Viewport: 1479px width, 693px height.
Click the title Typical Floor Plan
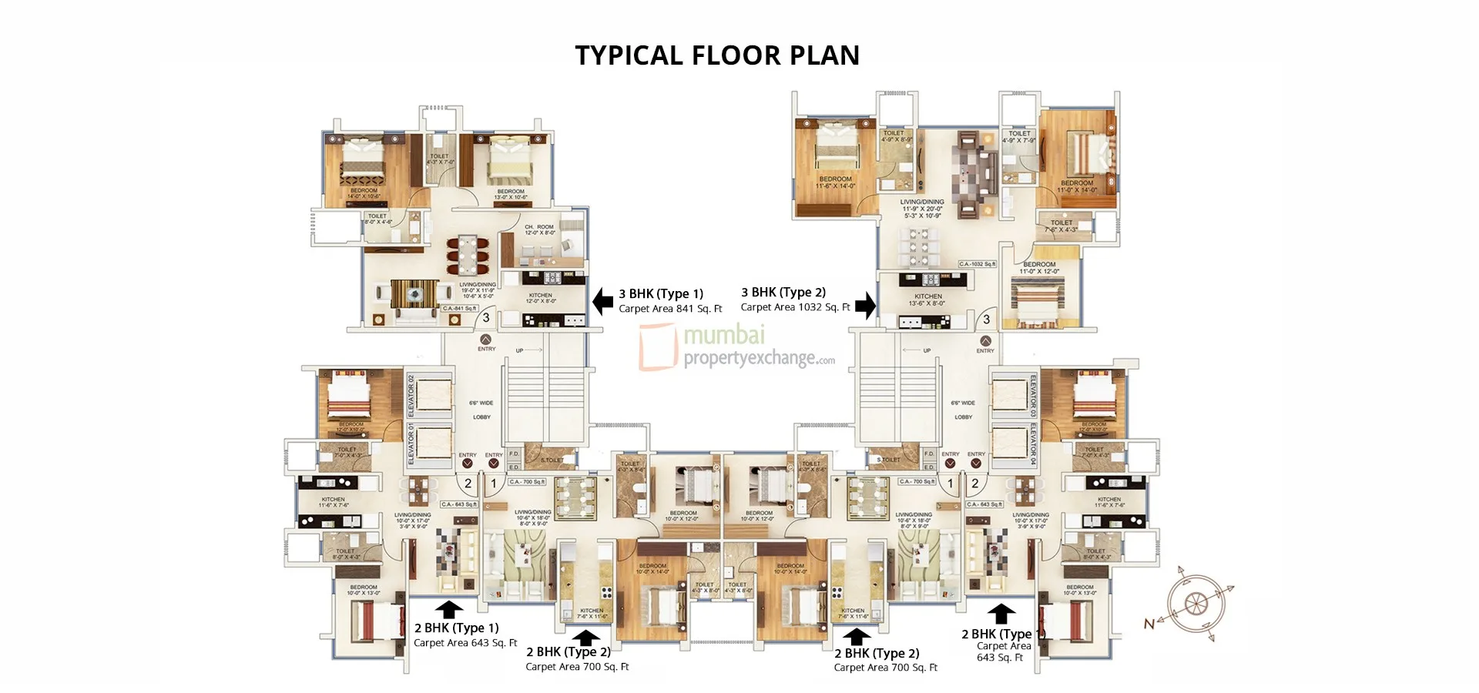coord(717,55)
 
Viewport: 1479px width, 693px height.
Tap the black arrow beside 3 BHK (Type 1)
coord(602,301)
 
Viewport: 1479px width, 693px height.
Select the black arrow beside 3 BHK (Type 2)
coord(866,305)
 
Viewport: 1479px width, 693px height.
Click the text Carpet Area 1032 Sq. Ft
coord(795,307)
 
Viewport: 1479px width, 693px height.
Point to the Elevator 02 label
coord(411,396)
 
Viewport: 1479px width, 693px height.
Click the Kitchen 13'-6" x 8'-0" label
coord(927,300)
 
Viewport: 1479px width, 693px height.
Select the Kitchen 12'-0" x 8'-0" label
coord(540,298)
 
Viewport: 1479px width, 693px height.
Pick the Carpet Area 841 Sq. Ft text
coord(670,309)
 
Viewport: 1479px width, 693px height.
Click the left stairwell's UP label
coord(520,350)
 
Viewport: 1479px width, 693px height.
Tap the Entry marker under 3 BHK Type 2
coord(985,343)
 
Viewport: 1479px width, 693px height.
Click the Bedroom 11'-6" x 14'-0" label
coord(835,182)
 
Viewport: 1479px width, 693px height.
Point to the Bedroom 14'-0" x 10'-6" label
coord(364,192)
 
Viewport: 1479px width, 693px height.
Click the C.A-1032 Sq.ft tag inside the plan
coord(977,264)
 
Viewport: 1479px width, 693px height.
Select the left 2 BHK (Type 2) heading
coord(568,651)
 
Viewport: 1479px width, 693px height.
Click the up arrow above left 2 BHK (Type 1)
coord(449,609)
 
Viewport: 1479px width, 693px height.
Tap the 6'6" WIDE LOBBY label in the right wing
coord(963,410)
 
